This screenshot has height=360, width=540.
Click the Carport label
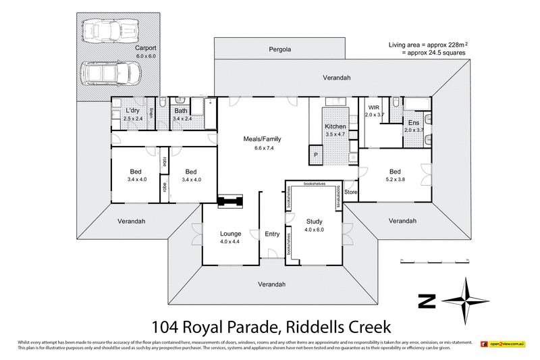click(x=145, y=49)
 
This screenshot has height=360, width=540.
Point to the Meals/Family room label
click(x=262, y=139)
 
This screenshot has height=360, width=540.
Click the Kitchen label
click(x=335, y=126)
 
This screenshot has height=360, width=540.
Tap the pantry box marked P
click(x=315, y=155)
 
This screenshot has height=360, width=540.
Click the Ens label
click(x=413, y=122)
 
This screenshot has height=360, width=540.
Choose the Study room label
click(x=314, y=221)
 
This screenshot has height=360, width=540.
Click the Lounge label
click(x=230, y=234)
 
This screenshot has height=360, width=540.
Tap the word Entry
click(x=272, y=234)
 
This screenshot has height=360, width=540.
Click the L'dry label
click(x=132, y=111)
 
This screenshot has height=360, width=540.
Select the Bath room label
click(x=181, y=111)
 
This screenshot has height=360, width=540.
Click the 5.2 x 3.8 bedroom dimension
click(x=395, y=179)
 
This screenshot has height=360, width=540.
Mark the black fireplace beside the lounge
click(x=230, y=200)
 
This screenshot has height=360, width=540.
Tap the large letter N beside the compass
click(x=427, y=300)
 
